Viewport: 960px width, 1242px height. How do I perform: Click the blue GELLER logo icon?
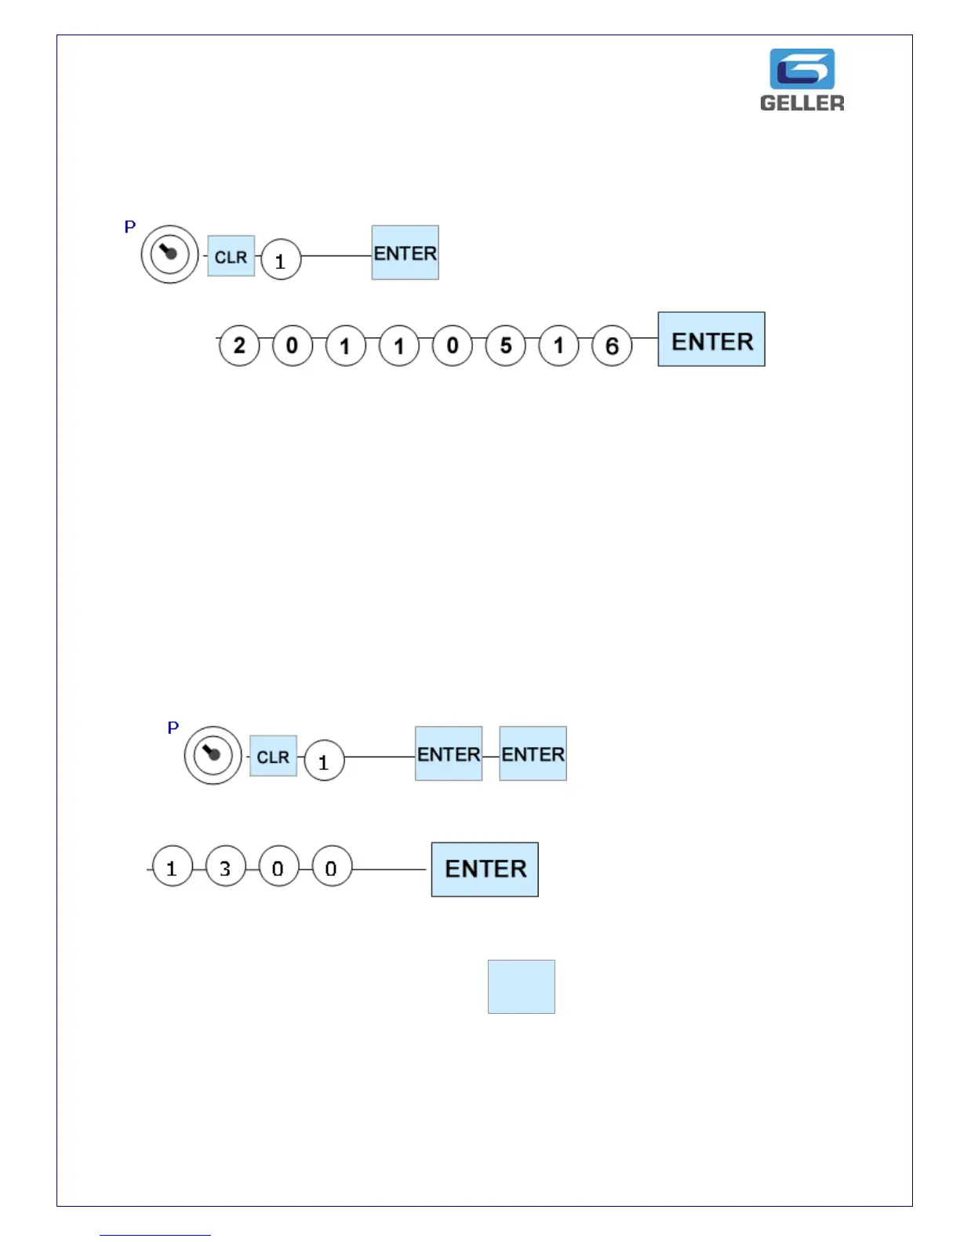802,69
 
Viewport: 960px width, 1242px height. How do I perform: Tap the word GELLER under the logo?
802,103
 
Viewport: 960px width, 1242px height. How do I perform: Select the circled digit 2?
239,345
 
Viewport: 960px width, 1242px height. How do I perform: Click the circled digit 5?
506,345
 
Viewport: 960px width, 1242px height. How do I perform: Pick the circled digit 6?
612,345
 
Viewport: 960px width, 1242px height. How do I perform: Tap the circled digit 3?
225,867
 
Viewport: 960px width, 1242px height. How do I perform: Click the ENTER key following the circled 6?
711,340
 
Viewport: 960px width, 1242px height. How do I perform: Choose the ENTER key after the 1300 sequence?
485,869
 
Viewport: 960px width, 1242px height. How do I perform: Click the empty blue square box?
521,986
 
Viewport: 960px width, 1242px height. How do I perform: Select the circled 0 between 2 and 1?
292,345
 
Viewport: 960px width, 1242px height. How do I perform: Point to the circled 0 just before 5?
453,345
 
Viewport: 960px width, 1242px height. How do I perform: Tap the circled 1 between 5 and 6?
558,345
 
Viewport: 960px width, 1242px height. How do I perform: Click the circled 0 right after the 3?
278,867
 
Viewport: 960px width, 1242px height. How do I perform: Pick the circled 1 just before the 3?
172,867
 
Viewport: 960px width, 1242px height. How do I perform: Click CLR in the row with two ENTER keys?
273,757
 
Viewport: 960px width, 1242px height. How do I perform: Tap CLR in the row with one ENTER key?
231,256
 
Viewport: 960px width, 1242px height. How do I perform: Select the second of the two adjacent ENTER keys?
533,754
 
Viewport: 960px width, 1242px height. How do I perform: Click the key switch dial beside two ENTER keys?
213,755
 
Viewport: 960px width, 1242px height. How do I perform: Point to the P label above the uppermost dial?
130,227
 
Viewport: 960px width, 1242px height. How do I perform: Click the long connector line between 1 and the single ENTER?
336,256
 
